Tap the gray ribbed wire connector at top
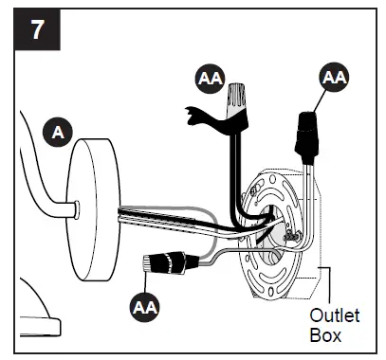(238, 101)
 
